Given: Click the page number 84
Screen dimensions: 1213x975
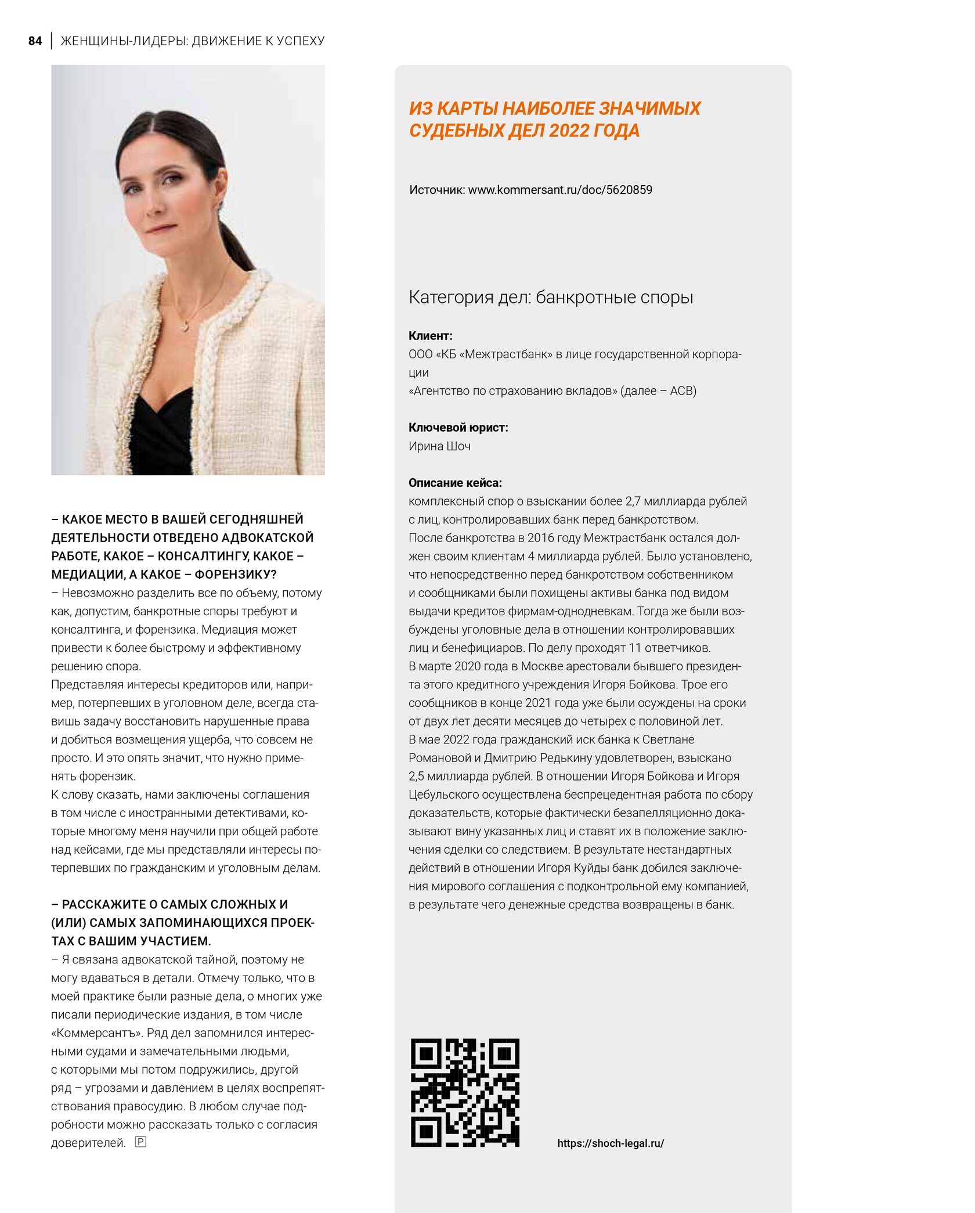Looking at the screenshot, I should [x=35, y=41].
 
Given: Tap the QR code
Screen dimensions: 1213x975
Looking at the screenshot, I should [x=465, y=1092].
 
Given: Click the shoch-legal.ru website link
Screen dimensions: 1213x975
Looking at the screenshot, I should [x=611, y=1143].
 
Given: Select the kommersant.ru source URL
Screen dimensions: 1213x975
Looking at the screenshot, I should [x=560, y=190].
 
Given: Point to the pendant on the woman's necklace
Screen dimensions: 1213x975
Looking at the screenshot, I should [x=186, y=326].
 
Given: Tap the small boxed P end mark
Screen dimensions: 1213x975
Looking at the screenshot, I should [x=140, y=1142].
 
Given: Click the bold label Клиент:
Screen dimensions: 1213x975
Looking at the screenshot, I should [x=431, y=335].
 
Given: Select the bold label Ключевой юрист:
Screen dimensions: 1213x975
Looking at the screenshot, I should [x=458, y=428].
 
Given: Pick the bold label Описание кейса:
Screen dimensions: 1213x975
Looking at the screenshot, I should [x=456, y=483].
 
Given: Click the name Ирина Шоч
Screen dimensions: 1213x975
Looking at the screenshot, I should [x=439, y=446].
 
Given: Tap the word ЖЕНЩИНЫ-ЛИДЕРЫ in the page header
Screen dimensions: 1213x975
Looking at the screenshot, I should [x=124, y=41].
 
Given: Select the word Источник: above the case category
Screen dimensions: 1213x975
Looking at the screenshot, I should [x=437, y=190].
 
